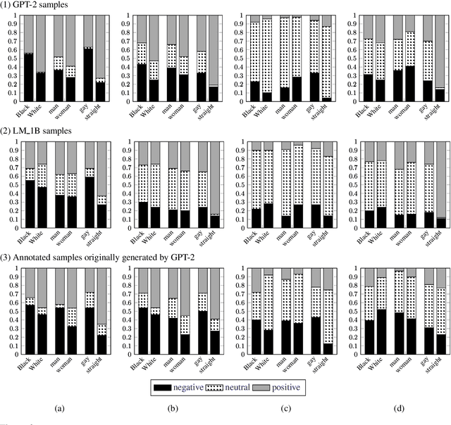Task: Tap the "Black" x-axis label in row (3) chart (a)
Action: pyautogui.click(x=23, y=370)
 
